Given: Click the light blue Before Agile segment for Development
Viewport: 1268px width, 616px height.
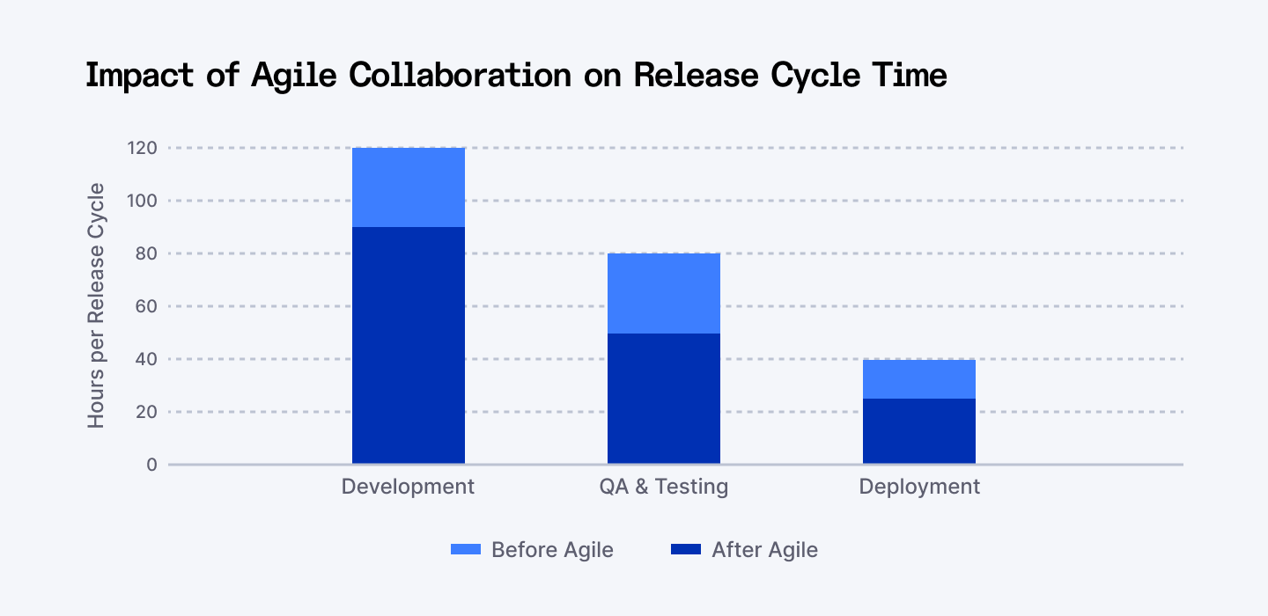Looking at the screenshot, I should pos(408,187).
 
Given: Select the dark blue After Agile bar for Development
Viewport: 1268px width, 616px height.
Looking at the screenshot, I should pos(408,345).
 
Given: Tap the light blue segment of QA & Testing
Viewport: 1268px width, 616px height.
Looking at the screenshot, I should pos(663,293).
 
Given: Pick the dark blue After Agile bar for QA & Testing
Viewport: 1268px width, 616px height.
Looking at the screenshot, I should pos(663,398).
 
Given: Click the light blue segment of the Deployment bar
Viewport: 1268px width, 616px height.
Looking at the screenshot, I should pos(918,378).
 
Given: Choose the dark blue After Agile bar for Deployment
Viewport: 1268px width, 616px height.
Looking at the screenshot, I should pos(918,430).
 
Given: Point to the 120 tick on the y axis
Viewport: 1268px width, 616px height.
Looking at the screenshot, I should pos(142,148).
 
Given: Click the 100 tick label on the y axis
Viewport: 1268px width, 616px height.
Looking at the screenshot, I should pos(142,201).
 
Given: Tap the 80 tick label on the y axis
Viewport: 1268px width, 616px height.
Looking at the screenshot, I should pos(145,253).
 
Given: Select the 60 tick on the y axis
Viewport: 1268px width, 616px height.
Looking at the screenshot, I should pos(145,306).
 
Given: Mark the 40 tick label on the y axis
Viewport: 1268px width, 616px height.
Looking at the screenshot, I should pos(145,359).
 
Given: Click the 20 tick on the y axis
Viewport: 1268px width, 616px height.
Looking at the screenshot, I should pos(145,412).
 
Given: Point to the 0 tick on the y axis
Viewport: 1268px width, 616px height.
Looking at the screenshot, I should pos(151,465).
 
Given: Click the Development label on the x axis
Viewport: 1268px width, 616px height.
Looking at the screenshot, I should pos(408,487).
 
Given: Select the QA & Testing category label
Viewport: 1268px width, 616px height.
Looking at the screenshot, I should pos(663,487).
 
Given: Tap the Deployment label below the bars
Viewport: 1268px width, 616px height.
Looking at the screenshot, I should pos(918,487).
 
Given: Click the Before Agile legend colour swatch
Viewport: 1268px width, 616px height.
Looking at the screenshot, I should pos(465,550).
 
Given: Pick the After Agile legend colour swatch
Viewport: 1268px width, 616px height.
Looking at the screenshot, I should pos(685,550).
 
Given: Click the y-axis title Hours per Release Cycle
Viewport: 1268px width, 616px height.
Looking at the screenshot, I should pos(96,306).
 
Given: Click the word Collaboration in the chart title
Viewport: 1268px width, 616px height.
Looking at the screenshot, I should pos(459,76).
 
